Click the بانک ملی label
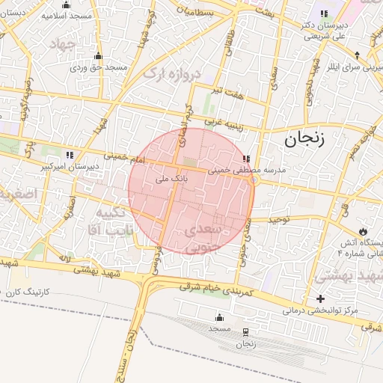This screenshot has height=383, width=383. pos(170,180)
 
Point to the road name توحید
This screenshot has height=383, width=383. pos(285,219)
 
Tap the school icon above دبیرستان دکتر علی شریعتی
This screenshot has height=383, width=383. pos(324,13)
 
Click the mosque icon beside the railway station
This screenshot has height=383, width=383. pos(219,317)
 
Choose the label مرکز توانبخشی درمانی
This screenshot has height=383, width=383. pos(321,310)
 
